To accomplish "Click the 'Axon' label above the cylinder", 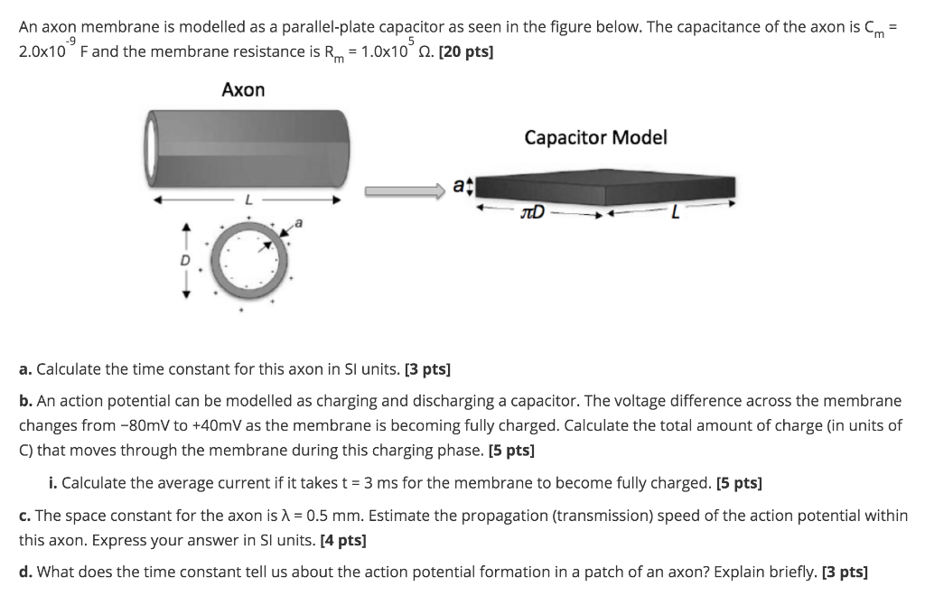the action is (x=243, y=89).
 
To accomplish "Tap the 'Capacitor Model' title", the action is (x=595, y=137).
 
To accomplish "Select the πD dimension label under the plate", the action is (x=533, y=213).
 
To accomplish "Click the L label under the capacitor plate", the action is (x=672, y=212).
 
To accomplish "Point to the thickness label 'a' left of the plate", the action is (x=457, y=188).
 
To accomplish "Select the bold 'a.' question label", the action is (x=25, y=370).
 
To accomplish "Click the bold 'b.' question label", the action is (x=25, y=400).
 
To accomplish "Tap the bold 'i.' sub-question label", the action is (x=54, y=483).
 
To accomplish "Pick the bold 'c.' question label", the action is (x=24, y=516).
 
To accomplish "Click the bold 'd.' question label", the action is (x=25, y=572).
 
